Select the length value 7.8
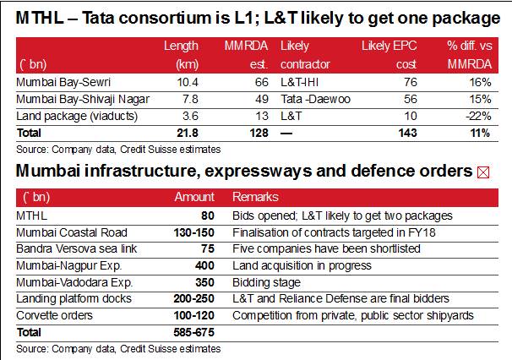(188, 99)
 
